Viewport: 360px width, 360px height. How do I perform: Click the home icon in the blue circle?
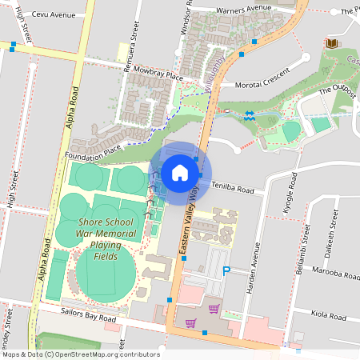coord(180,172)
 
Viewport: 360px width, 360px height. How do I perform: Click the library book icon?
coord(331,42)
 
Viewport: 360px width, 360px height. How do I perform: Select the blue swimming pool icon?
coord(250,115)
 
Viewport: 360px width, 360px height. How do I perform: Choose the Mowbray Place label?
coord(158,74)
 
